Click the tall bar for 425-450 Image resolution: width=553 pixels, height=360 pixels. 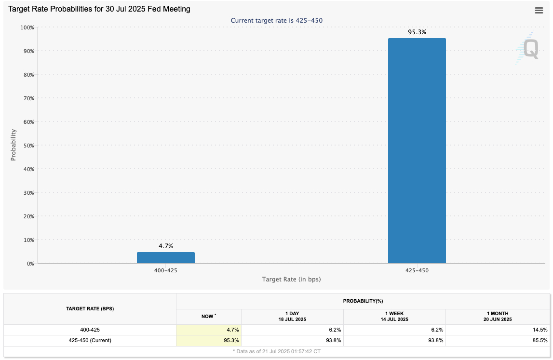click(417, 150)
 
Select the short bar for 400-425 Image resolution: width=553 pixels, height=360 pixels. click(165, 258)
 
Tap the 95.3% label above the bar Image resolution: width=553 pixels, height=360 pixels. click(417, 32)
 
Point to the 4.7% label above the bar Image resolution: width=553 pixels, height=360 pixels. click(165, 246)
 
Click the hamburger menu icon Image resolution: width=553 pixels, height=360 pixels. click(539, 11)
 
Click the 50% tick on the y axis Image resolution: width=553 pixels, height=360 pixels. click(27, 145)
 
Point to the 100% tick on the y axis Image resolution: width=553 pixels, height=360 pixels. click(27, 27)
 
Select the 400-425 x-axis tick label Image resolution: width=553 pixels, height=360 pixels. click(165, 270)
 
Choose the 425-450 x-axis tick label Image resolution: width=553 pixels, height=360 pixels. click(417, 270)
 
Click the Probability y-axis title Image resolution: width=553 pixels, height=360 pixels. click(13, 145)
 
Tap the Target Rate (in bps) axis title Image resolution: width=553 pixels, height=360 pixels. click(291, 280)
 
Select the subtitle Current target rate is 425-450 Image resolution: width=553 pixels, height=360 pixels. click(276, 20)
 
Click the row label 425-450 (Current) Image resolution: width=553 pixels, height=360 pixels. click(90, 340)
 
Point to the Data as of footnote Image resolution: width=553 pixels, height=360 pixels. click(276, 351)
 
